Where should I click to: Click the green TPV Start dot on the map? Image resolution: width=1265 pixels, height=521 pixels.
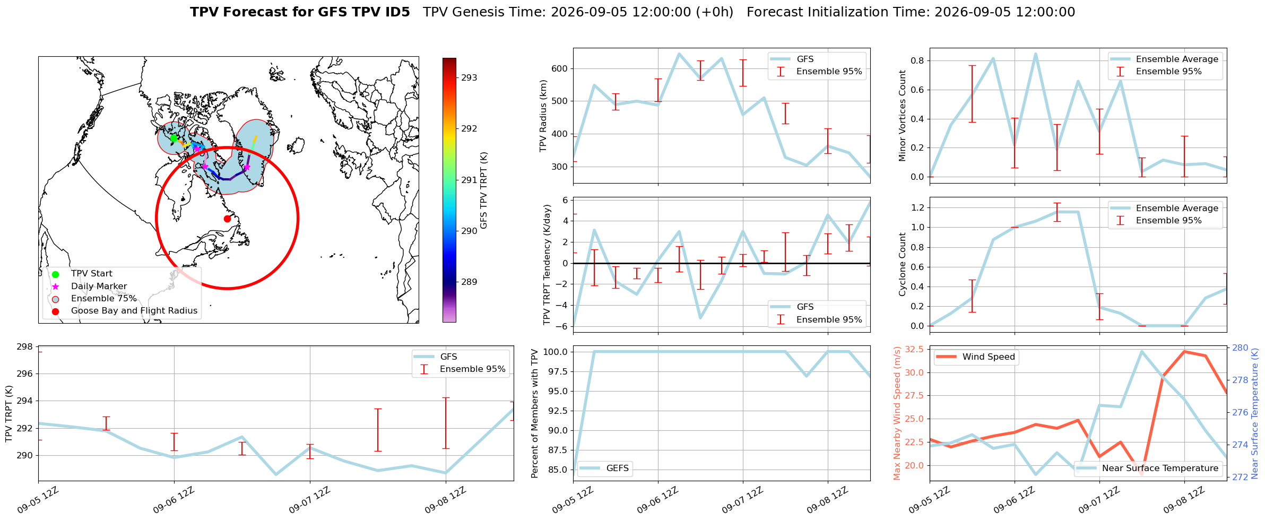[x=174, y=138]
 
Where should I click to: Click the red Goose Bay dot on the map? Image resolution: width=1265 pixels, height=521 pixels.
[x=227, y=219]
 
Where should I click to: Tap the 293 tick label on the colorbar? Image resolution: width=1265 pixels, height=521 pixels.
[x=469, y=77]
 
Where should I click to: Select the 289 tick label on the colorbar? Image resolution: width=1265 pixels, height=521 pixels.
[x=469, y=282]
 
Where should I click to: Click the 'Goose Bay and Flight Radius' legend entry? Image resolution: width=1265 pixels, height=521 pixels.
[x=134, y=311]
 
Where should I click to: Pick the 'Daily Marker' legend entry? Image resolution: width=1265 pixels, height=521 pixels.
[x=99, y=286]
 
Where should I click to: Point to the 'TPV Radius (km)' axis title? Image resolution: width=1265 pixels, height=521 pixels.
[x=543, y=116]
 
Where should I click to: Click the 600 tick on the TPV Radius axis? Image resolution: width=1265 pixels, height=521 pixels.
[x=559, y=68]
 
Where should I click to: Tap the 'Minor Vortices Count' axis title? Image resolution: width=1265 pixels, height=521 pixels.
[x=902, y=116]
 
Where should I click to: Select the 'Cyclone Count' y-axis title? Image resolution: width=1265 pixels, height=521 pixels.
[x=902, y=264]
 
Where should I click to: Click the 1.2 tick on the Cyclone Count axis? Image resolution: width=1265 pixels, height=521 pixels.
[x=916, y=207]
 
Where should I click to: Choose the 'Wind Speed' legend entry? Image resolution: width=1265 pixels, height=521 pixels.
[x=989, y=357]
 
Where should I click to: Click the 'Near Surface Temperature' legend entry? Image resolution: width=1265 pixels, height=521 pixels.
[x=1160, y=468]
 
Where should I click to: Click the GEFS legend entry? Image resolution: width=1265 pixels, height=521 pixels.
[x=617, y=468]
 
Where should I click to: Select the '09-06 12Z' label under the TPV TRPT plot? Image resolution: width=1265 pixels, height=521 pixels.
[x=174, y=500]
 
